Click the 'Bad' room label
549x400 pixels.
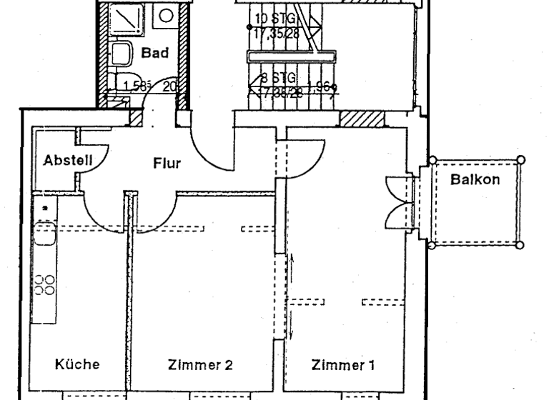tap(155, 52)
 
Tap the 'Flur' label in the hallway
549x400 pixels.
tap(167, 163)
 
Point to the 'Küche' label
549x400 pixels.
tap(77, 364)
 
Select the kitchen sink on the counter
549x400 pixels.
tap(44, 232)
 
